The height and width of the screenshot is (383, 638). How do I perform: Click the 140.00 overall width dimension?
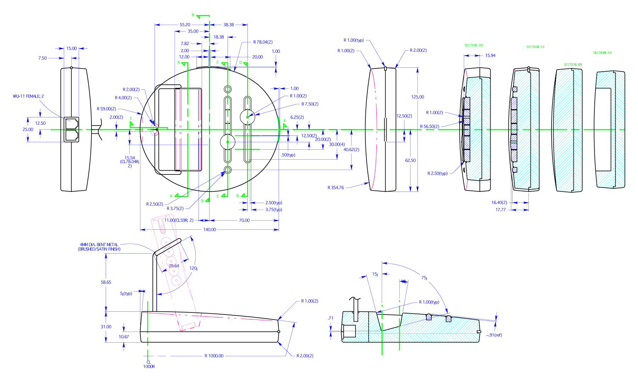(209, 229)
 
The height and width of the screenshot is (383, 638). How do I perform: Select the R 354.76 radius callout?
(335, 188)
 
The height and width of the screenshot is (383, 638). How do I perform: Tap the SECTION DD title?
(474, 45)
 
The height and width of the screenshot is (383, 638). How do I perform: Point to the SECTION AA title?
(602, 53)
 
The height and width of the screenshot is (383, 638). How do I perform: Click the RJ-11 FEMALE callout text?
(28, 96)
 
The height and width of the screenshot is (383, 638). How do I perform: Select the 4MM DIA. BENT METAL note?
(99, 247)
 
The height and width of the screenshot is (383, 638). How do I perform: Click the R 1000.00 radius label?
(214, 356)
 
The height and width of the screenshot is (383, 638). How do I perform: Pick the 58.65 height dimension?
(106, 282)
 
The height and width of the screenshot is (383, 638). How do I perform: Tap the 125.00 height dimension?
(417, 97)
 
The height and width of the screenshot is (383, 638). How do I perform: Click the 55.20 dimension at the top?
(185, 25)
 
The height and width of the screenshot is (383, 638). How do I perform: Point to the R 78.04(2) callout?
(263, 42)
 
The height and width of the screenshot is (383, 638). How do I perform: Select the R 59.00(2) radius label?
(106, 109)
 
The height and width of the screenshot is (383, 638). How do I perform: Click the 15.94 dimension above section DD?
(490, 56)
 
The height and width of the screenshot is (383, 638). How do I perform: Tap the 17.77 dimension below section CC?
(500, 210)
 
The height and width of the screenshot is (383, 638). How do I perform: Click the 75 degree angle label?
(424, 278)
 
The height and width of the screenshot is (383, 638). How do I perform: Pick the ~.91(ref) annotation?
(494, 335)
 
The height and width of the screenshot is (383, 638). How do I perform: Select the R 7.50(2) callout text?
(310, 104)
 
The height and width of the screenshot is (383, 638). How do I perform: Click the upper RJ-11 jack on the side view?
(71, 123)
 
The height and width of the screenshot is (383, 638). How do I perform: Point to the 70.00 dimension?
(244, 220)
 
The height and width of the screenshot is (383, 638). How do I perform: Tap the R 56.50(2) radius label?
(429, 126)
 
